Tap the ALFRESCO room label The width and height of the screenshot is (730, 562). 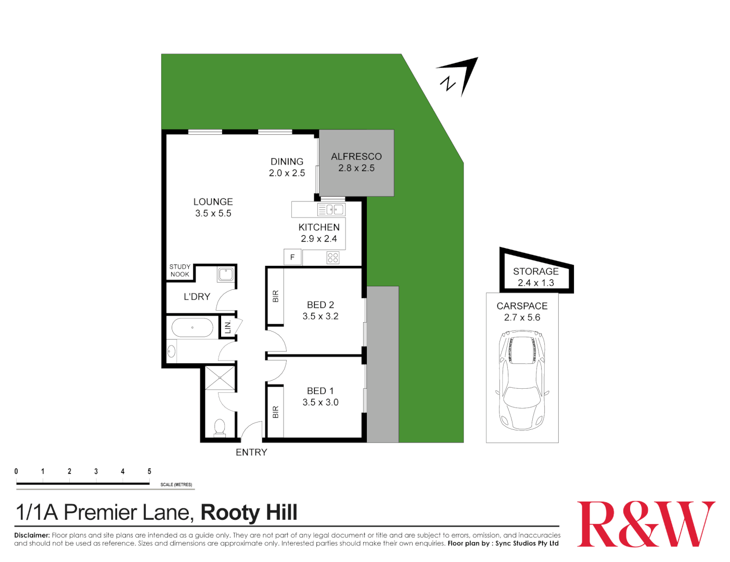click(x=356, y=157)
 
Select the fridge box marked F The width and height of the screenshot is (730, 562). click(x=292, y=257)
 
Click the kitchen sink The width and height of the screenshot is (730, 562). click(x=331, y=210)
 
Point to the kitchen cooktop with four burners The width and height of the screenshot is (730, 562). click(x=333, y=258)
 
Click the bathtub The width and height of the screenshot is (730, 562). click(x=193, y=328)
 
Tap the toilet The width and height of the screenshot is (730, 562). click(x=220, y=427)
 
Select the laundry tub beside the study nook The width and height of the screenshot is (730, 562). click(x=226, y=274)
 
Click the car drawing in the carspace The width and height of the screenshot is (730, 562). click(x=522, y=380)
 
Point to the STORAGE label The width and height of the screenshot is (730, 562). click(x=535, y=271)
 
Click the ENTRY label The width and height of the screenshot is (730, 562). click(x=251, y=452)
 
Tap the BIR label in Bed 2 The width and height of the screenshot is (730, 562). click(x=276, y=296)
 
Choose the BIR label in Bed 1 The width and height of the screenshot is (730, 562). click(x=276, y=412)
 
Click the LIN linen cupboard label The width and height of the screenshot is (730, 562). click(x=227, y=328)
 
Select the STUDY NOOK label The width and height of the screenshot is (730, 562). click(x=180, y=271)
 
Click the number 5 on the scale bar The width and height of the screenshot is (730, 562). click(x=149, y=471)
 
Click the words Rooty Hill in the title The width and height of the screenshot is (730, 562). click(x=249, y=513)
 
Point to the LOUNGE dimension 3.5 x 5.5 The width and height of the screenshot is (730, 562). click(x=213, y=213)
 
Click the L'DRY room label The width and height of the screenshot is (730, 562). click(x=197, y=297)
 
